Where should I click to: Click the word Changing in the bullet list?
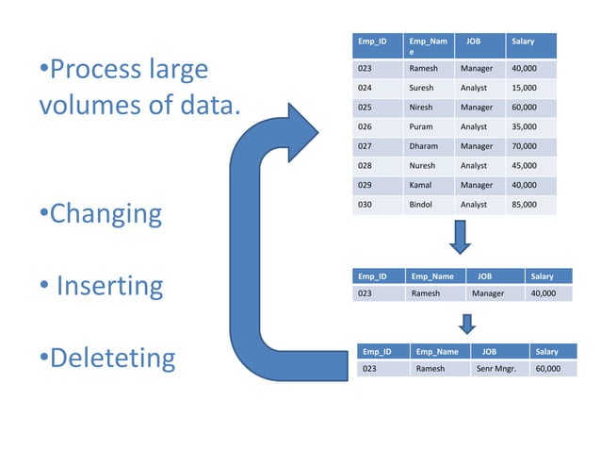pyautogui.click(x=106, y=214)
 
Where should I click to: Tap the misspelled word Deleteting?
pyautogui.click(x=112, y=358)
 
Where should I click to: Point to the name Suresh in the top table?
pyautogui.click(x=421, y=88)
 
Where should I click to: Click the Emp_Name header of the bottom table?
pyautogui.click(x=436, y=352)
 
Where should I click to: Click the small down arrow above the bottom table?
pyautogui.click(x=465, y=324)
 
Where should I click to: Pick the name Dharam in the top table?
pyautogui.click(x=424, y=146)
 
